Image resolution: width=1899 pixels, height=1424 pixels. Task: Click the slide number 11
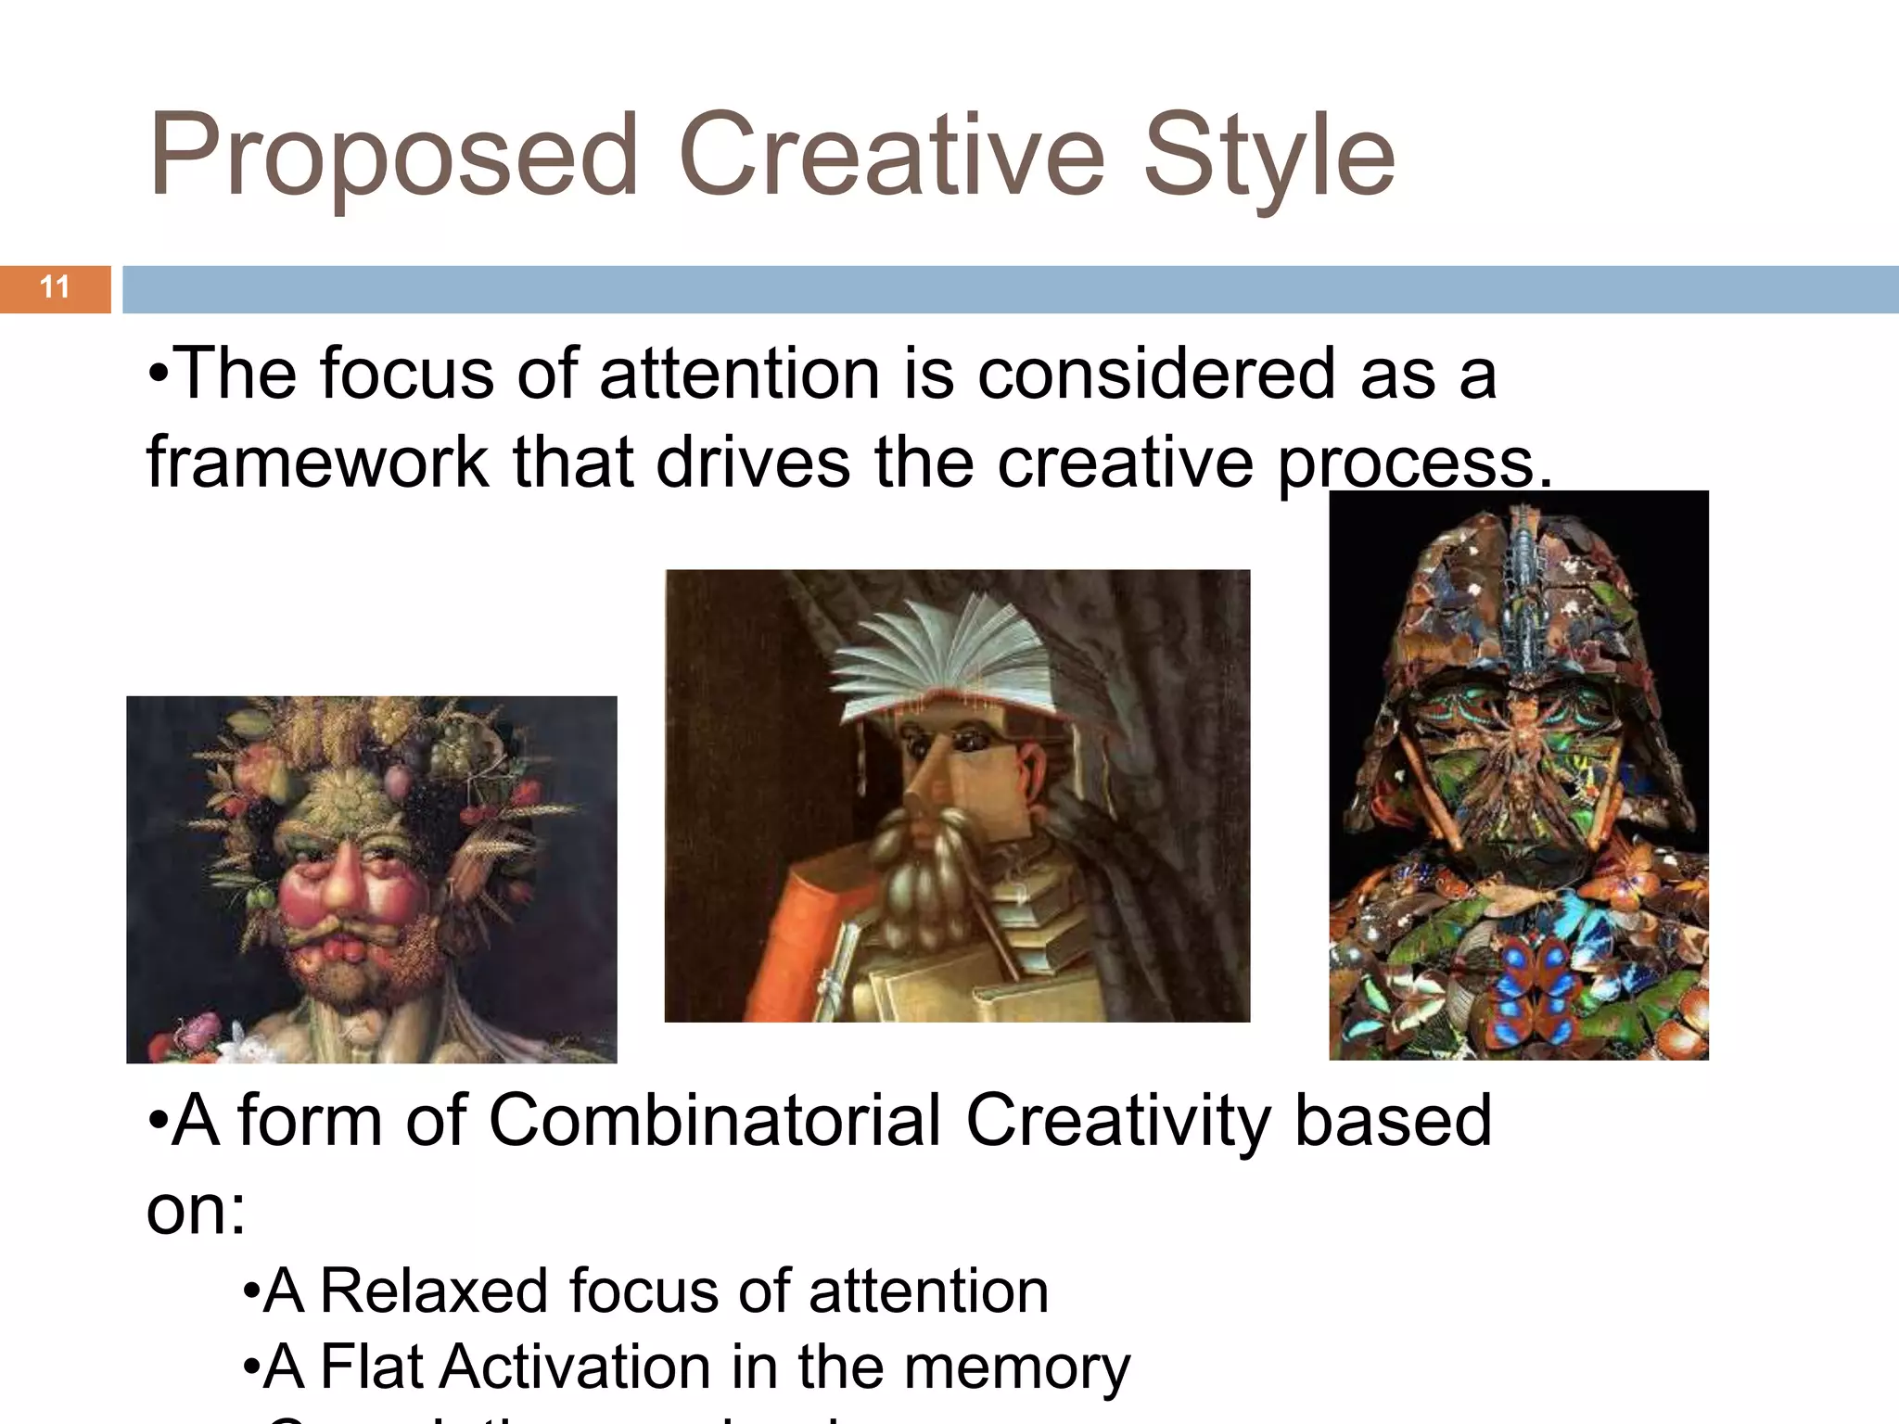pyautogui.click(x=55, y=287)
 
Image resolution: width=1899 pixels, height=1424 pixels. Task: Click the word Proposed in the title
pyautogui.click(x=393, y=156)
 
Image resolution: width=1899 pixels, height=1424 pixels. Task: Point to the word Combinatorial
pyautogui.click(x=714, y=1120)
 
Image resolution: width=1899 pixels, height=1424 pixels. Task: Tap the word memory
pyautogui.click(x=1017, y=1368)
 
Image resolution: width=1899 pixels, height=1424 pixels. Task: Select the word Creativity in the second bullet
pyautogui.click(x=1117, y=1120)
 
